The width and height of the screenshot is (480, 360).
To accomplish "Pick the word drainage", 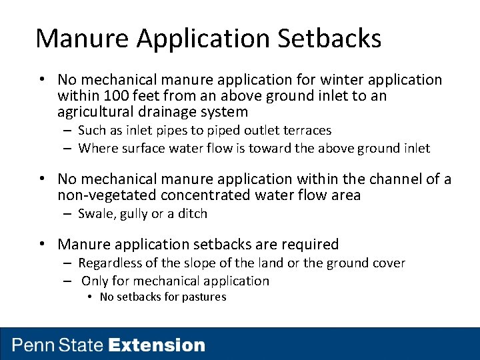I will point(171,112).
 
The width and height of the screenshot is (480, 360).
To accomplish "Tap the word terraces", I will point(305,131).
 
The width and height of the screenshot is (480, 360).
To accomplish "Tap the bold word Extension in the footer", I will point(157,345).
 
